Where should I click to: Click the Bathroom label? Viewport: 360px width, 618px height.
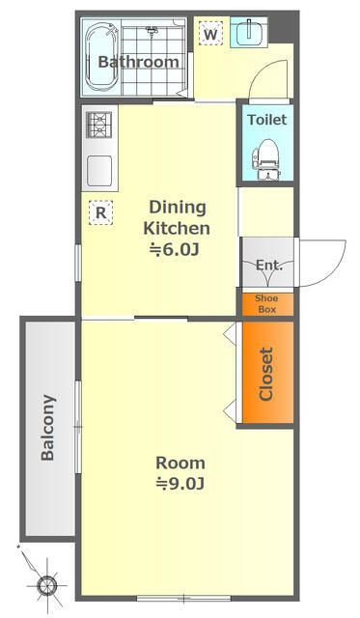click(138, 62)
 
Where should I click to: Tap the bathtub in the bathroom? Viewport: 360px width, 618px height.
click(102, 57)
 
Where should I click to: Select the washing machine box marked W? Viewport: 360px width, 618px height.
click(210, 34)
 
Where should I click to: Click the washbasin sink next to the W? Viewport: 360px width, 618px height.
click(249, 32)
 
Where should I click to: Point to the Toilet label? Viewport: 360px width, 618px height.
click(267, 120)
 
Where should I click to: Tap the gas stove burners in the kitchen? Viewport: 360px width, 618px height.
click(98, 125)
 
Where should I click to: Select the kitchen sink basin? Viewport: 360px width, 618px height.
click(99, 171)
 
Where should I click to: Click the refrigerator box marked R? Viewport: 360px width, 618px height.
click(100, 212)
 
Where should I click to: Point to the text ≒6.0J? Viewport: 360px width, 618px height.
click(174, 249)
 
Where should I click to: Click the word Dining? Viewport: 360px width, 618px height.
click(178, 208)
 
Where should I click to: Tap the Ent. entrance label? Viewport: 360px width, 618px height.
click(269, 265)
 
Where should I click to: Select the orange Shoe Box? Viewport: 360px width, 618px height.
click(267, 304)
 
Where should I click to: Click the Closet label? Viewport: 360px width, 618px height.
click(266, 374)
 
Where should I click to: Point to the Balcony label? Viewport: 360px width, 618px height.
click(47, 428)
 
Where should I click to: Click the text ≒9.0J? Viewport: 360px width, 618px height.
click(180, 483)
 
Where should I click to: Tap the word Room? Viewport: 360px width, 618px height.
click(180, 463)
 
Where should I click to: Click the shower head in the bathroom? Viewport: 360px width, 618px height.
click(152, 30)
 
